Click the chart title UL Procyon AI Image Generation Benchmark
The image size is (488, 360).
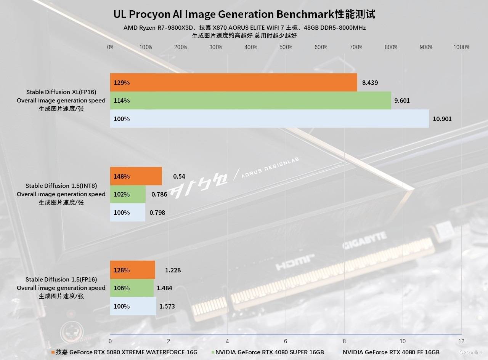point(244,14)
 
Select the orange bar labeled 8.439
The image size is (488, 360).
point(233,83)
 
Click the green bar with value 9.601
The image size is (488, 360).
point(250,101)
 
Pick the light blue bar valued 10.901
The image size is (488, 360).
point(270,119)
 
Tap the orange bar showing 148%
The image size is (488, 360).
point(136,176)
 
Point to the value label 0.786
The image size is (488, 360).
point(159,194)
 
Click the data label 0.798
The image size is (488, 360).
point(157,213)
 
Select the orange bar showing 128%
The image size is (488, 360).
point(133,270)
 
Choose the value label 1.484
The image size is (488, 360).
point(164,288)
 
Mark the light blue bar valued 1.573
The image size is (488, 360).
point(133,306)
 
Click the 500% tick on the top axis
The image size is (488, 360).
point(286,47)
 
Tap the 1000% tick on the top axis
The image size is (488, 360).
point(461,47)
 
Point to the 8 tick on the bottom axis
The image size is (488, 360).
point(344,341)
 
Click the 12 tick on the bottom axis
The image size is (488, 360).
point(461,341)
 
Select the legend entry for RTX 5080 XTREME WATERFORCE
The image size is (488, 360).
point(126,352)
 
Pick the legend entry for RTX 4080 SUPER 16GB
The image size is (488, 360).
point(269,352)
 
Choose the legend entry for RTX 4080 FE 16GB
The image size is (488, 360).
point(391,352)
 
